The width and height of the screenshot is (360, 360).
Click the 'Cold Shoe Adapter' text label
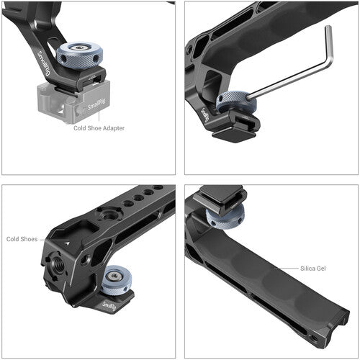[99, 128]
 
